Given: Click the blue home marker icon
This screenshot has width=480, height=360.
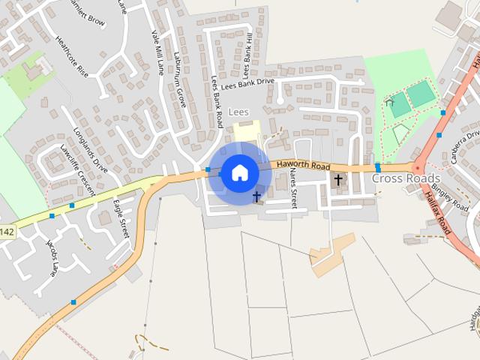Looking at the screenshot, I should click(x=240, y=173).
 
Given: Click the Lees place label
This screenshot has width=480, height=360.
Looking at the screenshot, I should click(x=238, y=112).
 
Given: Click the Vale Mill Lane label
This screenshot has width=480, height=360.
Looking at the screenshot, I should click(x=157, y=52).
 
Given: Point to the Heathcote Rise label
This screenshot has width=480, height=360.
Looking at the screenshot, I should click(x=72, y=59).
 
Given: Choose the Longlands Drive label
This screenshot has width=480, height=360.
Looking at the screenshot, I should click(x=91, y=149).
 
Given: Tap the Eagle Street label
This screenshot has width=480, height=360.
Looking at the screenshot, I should click(x=121, y=218).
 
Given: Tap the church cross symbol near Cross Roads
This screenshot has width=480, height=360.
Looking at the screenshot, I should click(x=338, y=180).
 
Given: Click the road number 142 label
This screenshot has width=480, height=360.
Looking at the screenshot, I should click(x=6, y=232).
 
